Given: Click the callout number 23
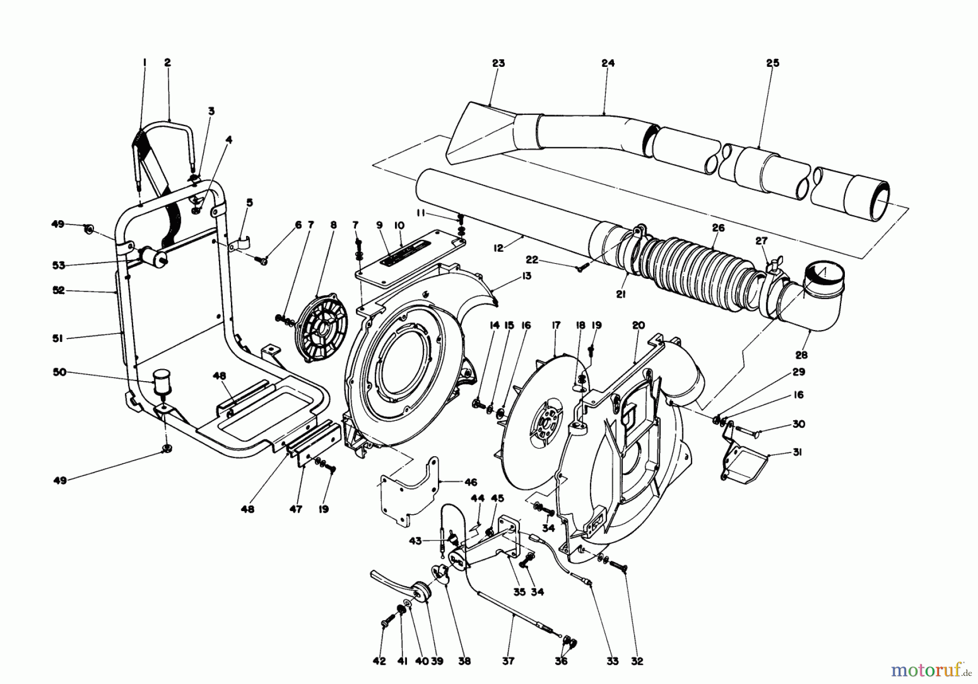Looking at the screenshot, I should click(498, 64).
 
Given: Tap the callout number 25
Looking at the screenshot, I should click(772, 63).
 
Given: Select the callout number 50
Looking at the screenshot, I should click(60, 372).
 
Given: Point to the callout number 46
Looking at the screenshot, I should click(471, 482).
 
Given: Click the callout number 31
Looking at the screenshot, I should click(797, 452).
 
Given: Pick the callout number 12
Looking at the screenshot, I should click(499, 248).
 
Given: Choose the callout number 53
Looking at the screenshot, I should click(59, 265).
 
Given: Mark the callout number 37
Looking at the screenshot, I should click(509, 661).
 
